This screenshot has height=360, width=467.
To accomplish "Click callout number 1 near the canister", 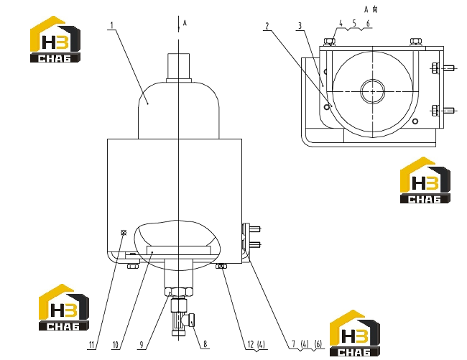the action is [x=112, y=25].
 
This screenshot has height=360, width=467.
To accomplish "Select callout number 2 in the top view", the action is [x=267, y=26].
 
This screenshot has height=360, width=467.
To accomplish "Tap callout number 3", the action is [x=300, y=26].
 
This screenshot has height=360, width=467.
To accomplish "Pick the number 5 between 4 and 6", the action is [x=354, y=23].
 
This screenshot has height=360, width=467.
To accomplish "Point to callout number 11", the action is [x=91, y=345].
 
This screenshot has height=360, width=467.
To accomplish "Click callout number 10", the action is [x=116, y=345].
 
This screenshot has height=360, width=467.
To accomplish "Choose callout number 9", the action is [x=142, y=345].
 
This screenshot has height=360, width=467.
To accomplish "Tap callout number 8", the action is [x=205, y=344].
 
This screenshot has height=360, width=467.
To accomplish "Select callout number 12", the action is [x=251, y=344].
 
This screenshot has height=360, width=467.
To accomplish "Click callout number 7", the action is [x=293, y=344].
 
